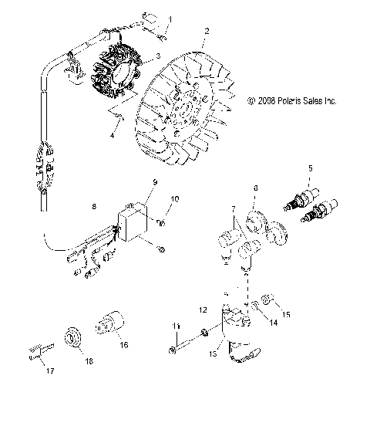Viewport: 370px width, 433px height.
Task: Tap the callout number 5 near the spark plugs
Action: [311, 167]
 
